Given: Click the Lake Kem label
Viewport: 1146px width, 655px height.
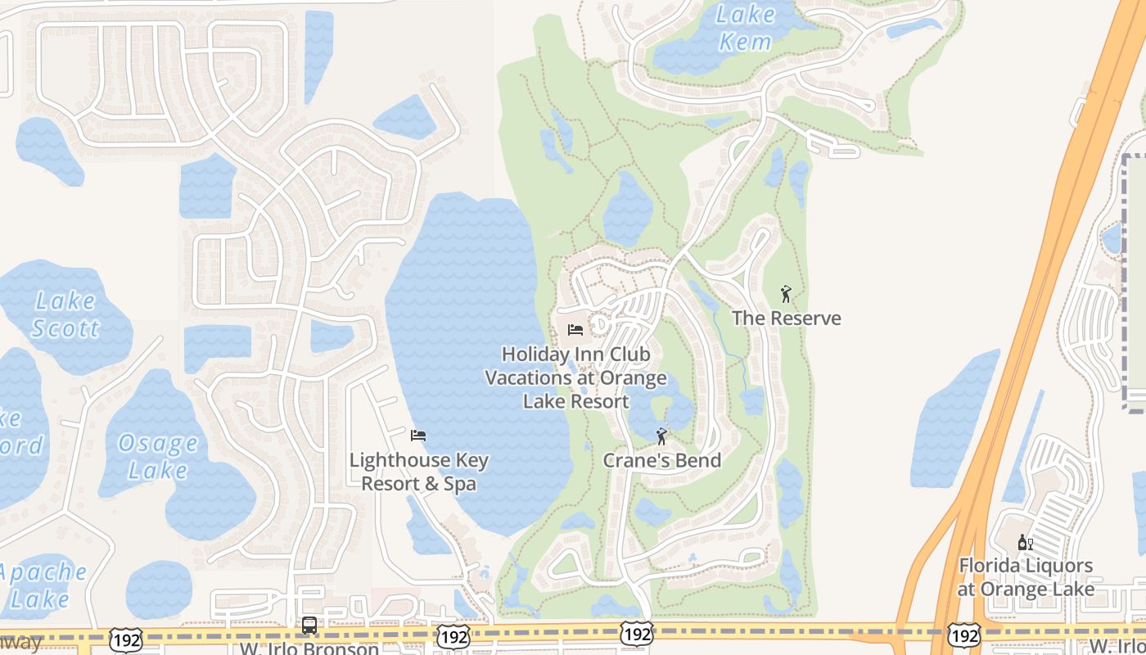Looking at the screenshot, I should (x=745, y=27).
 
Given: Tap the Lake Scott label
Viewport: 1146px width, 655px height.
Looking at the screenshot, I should (x=65, y=315).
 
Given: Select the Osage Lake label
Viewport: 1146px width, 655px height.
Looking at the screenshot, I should (x=158, y=457).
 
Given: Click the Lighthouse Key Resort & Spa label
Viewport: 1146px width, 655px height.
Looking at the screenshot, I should (x=419, y=472).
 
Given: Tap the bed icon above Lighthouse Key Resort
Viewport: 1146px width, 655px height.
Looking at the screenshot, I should (x=418, y=435).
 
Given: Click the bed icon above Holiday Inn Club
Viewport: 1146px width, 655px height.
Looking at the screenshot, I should (x=575, y=330).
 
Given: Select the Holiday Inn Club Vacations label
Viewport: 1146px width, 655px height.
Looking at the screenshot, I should (x=575, y=377).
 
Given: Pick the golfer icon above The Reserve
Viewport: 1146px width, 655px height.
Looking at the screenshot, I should (x=786, y=293).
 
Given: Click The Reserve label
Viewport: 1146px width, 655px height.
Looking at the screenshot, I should (x=786, y=318).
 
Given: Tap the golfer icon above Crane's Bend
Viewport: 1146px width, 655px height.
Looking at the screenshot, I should (x=661, y=436).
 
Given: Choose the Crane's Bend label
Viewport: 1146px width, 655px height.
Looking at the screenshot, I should (x=661, y=460).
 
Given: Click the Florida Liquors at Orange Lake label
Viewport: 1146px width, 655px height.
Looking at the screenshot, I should (x=1026, y=577).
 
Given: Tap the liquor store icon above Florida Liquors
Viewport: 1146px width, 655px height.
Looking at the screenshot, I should (x=1024, y=542).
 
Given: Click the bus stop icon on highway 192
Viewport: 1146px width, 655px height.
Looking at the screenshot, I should (x=309, y=626).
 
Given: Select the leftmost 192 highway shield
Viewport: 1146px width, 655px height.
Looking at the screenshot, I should (x=124, y=638).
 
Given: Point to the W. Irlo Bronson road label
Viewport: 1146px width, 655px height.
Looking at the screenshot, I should (x=309, y=648).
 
